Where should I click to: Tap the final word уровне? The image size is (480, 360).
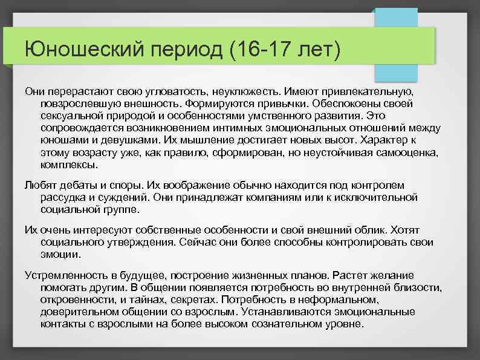coord(346,323)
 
